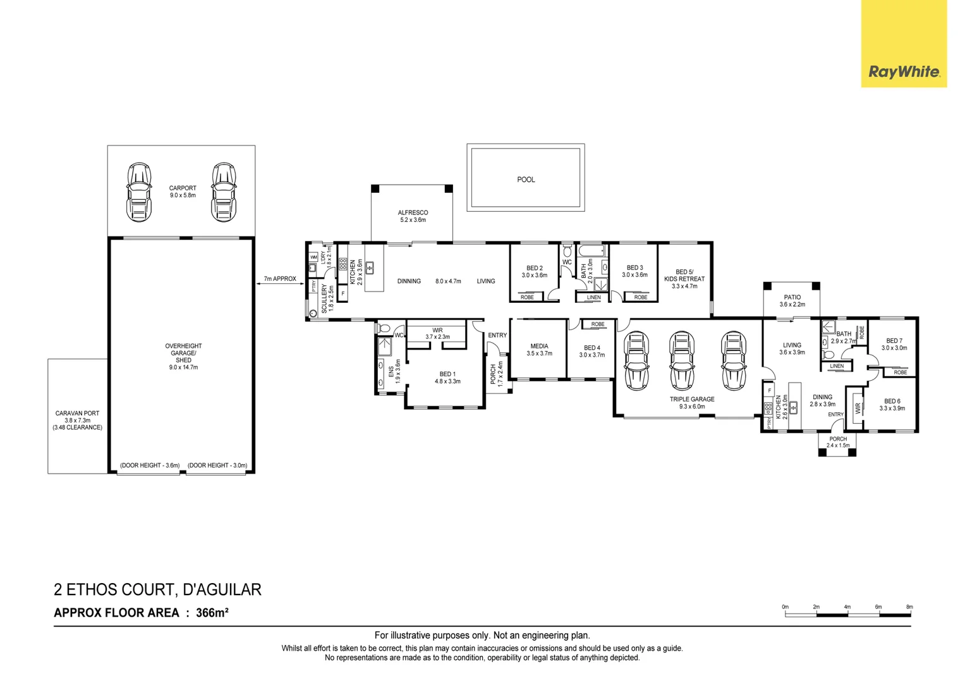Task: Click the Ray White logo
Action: coord(904,71)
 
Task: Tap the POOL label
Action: coord(526,180)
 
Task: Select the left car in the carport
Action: coord(139,193)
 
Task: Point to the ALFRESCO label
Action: coord(413,213)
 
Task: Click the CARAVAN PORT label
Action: coord(77,414)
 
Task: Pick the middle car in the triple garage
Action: coord(681,360)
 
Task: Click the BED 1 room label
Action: coord(447,374)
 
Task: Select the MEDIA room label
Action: coord(539,347)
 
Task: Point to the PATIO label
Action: coord(792,297)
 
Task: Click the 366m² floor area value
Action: coord(212,612)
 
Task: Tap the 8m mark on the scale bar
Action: coord(909,608)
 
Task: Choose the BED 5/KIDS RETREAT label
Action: coord(684,276)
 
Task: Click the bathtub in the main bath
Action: coord(592,250)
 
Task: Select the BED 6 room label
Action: coord(892,402)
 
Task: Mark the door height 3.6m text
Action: coord(150,465)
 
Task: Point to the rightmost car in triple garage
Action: coord(733,360)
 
